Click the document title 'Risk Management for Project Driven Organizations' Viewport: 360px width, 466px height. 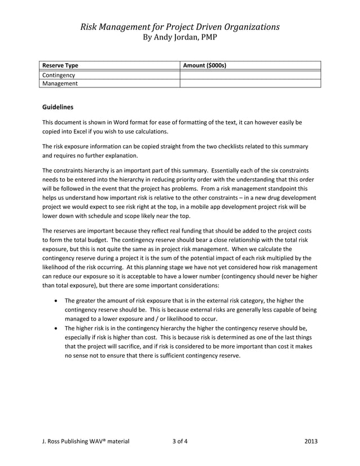tap(179, 27)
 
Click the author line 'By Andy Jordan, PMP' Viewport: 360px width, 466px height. tap(179, 37)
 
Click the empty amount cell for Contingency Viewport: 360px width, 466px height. tap(250, 74)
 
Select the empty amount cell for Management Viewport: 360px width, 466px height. tap(250, 83)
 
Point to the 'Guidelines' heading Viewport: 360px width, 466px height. tap(58, 107)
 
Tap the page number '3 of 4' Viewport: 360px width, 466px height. tap(180, 442)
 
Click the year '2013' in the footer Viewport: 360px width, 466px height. tap(311, 442)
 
